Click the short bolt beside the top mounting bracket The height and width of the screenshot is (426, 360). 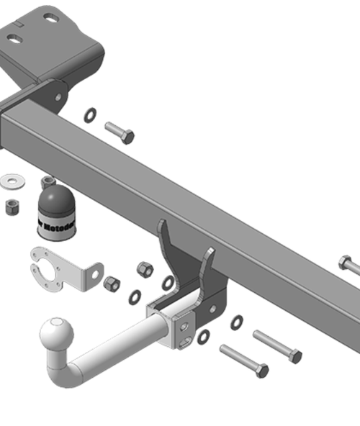(x=119, y=132)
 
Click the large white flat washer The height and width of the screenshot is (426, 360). (x=12, y=178)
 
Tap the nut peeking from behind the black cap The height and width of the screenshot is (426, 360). (x=48, y=181)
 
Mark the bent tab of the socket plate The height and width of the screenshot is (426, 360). (x=91, y=275)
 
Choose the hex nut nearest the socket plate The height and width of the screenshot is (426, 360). (x=112, y=284)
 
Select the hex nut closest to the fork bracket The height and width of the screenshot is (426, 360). (x=144, y=269)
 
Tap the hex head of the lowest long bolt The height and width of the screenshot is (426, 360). (x=261, y=371)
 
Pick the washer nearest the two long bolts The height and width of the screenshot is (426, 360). (x=236, y=322)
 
